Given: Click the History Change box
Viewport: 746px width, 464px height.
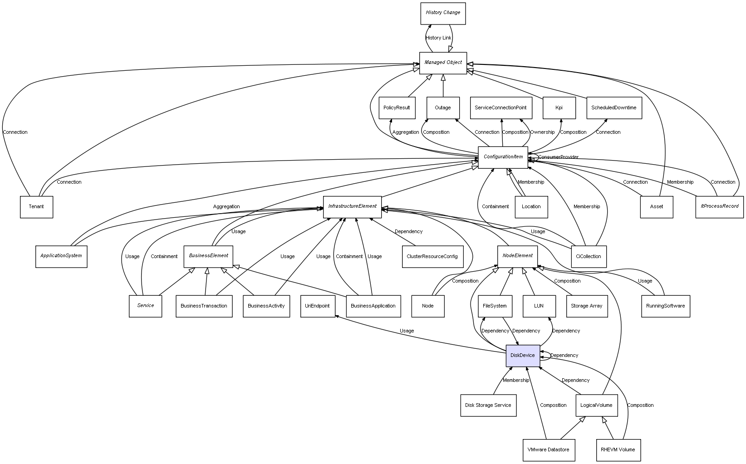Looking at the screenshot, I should coord(443,13).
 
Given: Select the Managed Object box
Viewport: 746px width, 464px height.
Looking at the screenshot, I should coord(443,63).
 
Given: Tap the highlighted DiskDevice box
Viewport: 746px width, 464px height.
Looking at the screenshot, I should coord(523,356).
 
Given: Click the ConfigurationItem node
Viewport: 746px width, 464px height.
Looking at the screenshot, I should coord(503,157).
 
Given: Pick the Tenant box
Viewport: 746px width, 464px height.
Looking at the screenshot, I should coord(36,207).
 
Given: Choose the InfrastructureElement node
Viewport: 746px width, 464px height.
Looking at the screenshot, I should coord(352,206).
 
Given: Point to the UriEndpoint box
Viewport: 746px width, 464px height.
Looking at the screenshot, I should coord(318,306).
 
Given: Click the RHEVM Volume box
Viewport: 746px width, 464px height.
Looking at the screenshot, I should coord(618,450).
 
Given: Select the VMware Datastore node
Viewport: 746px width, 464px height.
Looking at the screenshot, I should coord(548,450).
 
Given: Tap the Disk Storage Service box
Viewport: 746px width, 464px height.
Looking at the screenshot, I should coord(488,405).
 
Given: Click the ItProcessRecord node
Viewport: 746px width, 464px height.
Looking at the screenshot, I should coord(719,206).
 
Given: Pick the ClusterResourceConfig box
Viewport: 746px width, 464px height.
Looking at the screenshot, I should coord(432,256).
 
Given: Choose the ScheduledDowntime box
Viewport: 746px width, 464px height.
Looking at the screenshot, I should coord(613,108).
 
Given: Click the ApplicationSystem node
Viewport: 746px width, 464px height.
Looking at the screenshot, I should coord(61,256).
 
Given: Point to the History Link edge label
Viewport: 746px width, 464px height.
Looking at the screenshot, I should coord(438,38).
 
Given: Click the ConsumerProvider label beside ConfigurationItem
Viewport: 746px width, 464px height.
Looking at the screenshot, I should coord(558,157).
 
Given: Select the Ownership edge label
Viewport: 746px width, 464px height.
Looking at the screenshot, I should coord(542,132).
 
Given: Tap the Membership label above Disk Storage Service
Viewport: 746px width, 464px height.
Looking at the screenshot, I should coord(516,380).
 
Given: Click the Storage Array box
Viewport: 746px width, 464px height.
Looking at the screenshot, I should coord(586,306).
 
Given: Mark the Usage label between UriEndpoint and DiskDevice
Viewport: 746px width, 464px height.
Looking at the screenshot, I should coord(407,331).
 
